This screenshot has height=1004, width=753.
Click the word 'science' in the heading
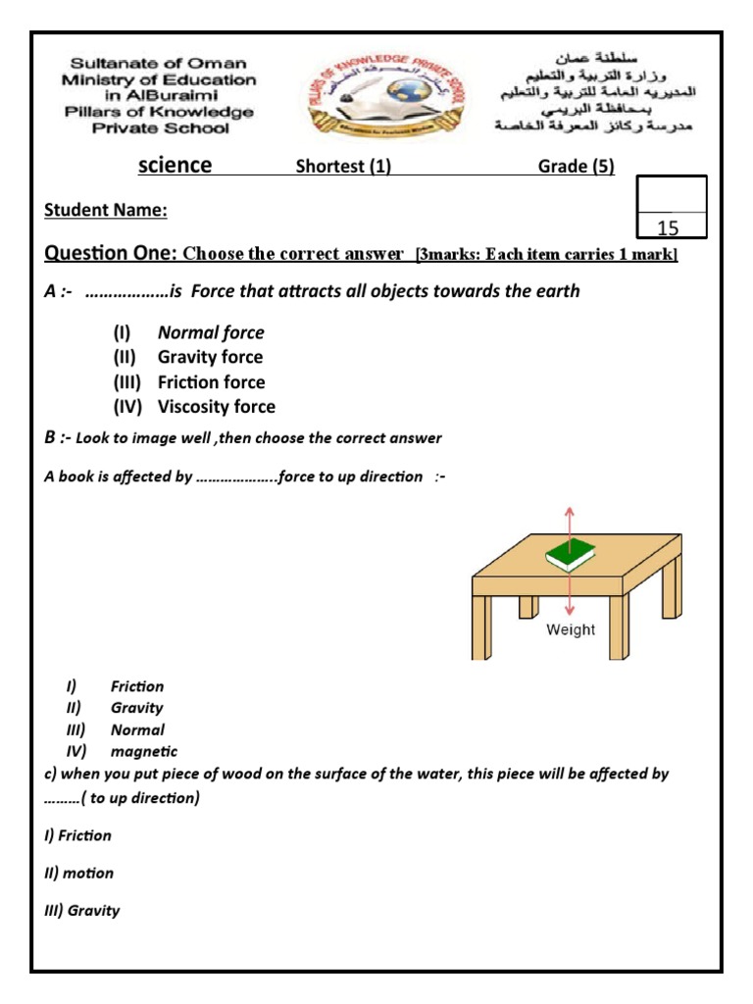coord(175,165)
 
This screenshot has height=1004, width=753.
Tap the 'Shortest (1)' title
coord(343,166)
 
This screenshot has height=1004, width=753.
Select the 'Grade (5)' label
coord(576,166)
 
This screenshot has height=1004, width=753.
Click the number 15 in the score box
coord(668,228)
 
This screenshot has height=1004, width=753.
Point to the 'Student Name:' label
coord(106,210)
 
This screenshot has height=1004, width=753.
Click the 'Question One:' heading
coord(110,254)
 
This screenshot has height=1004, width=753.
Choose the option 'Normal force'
coord(211,332)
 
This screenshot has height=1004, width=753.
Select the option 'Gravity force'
coord(210,357)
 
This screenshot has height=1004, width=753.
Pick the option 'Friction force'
coord(211,382)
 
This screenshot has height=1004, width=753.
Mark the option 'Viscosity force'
coord(216,407)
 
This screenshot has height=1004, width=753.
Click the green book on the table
coord(570,557)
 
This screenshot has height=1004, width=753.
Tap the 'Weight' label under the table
coord(571,629)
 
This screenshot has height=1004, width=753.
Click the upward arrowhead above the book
coord(571,510)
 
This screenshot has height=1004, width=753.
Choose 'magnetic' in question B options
coord(144,751)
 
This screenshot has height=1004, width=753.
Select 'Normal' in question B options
coord(137,729)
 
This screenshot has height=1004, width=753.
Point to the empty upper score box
coord(671,193)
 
